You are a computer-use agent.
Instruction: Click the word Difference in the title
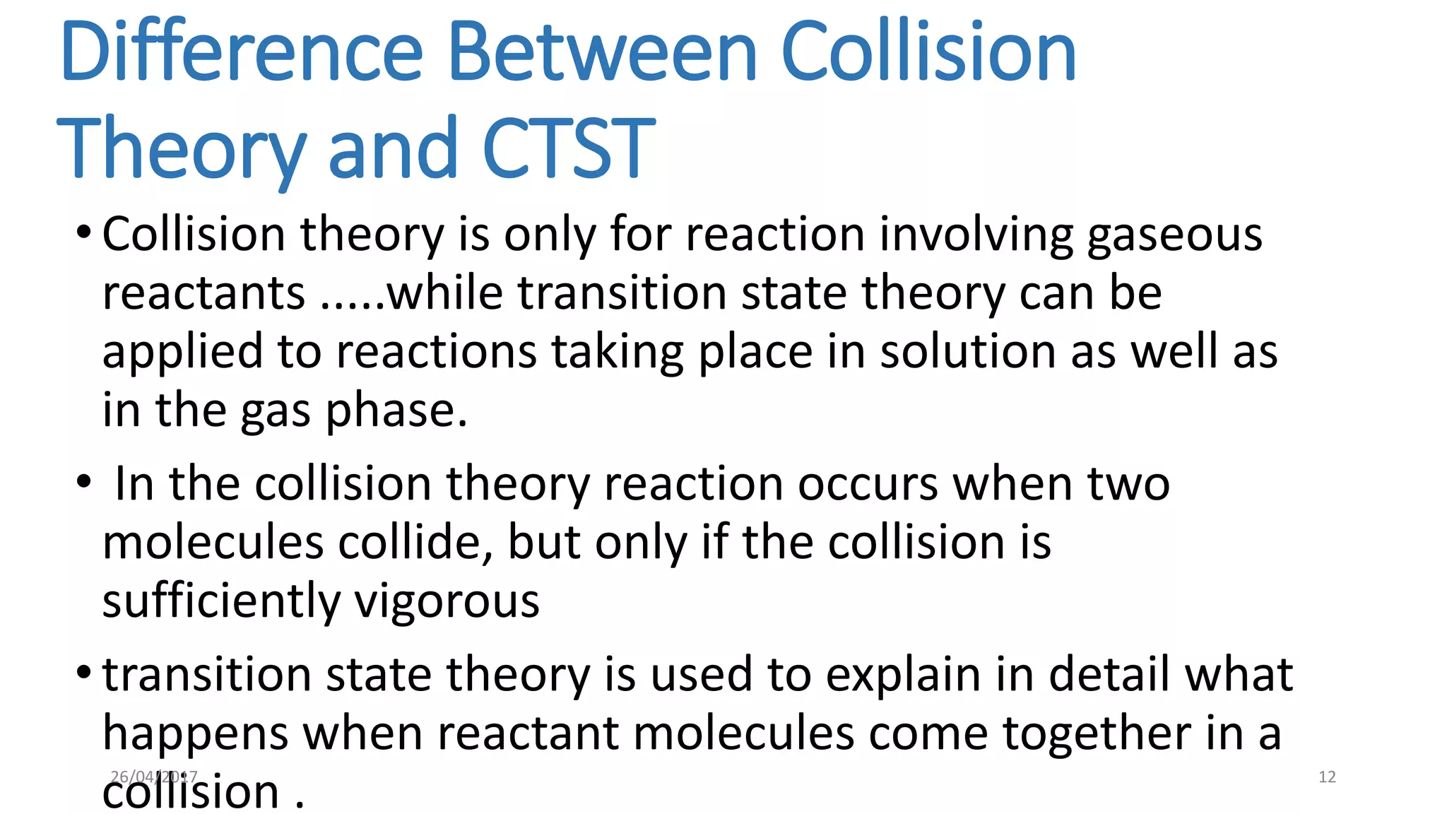tap(241, 52)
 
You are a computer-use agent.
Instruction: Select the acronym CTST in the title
tap(569, 148)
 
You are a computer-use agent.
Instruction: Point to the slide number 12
tap(1327, 777)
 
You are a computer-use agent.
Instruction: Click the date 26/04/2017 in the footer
tap(153, 777)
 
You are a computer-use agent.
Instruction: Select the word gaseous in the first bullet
tap(1174, 235)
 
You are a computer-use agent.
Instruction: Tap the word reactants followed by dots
tap(203, 293)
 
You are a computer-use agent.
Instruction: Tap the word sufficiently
tap(220, 602)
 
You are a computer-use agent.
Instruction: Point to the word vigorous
tap(447, 603)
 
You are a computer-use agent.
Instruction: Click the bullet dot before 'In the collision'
tap(84, 483)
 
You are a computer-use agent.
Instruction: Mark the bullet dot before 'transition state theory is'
tap(84, 671)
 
